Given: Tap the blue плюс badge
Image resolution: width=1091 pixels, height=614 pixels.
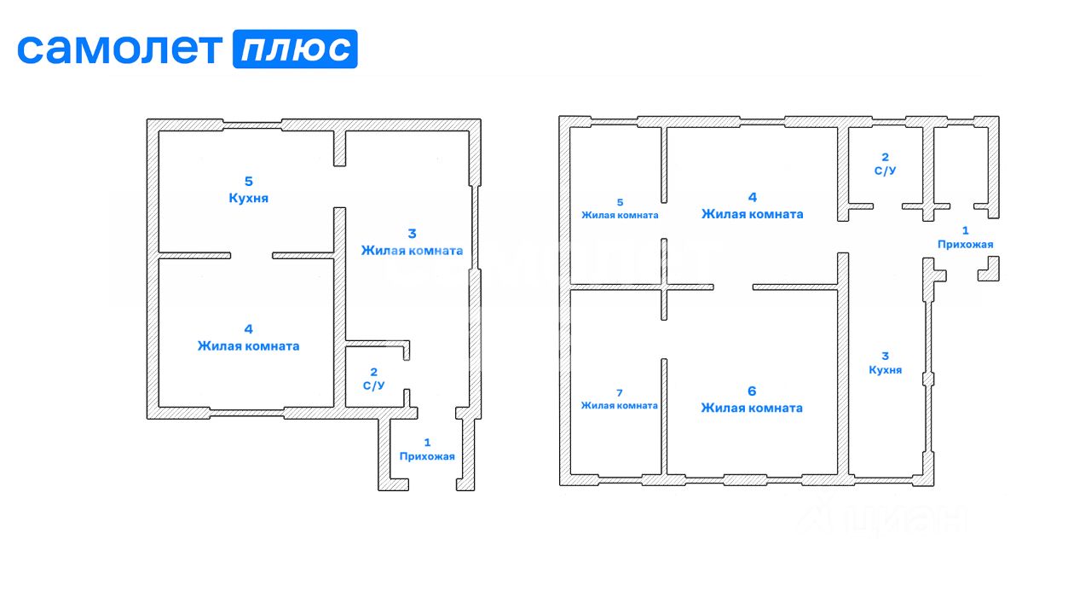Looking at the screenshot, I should [295, 49].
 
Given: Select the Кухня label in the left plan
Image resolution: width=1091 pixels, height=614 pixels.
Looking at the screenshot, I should [249, 198].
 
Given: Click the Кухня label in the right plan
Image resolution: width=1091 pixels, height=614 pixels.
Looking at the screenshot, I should [885, 370].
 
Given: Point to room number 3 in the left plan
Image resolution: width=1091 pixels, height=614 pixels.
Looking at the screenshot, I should [411, 233].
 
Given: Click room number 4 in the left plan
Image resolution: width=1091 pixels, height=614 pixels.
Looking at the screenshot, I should [248, 328].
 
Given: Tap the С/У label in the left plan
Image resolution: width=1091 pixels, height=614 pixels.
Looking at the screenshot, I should [373, 385].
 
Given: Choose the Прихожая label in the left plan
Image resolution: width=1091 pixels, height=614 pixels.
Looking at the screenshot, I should [427, 456].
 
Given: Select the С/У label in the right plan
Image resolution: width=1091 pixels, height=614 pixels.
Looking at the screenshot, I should [885, 171].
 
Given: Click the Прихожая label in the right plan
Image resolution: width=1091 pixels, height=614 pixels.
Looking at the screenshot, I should [965, 244].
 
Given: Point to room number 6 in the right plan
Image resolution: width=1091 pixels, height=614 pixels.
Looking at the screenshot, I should [752, 391].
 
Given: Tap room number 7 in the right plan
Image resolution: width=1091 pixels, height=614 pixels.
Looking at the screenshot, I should [620, 392].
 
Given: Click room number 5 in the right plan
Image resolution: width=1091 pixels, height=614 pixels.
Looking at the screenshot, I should [620, 202].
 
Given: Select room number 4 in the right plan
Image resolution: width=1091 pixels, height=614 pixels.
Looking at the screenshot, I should [752, 197].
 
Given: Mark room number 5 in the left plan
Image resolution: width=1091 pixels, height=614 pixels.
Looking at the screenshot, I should [249, 181].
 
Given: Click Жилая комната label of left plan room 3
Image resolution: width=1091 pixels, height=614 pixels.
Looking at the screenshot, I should [412, 251].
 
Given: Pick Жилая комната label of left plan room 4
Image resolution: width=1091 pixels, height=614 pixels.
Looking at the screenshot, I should [248, 346].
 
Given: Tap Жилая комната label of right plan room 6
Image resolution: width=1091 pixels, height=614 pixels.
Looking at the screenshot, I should [752, 408].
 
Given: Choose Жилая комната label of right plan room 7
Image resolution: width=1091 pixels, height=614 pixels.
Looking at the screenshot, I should [620, 405].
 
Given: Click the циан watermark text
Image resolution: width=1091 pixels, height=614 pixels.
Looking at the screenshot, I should [903, 518].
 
